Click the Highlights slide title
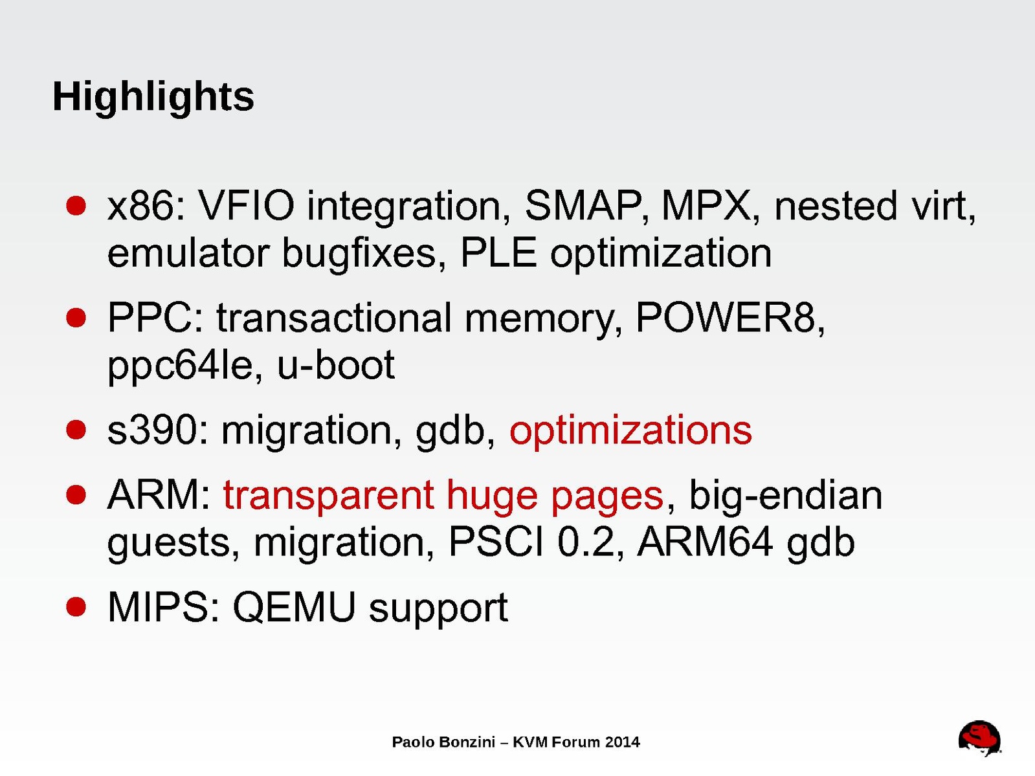(x=153, y=98)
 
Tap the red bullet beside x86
(x=76, y=206)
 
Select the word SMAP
(x=583, y=206)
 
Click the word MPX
(x=706, y=206)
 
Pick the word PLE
(x=498, y=252)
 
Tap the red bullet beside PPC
(x=76, y=318)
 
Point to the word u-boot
(x=336, y=364)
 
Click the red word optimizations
(x=630, y=431)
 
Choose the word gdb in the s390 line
(x=451, y=431)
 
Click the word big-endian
(x=786, y=495)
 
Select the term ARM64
(x=705, y=542)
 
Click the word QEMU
(x=294, y=608)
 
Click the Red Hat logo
(x=979, y=738)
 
